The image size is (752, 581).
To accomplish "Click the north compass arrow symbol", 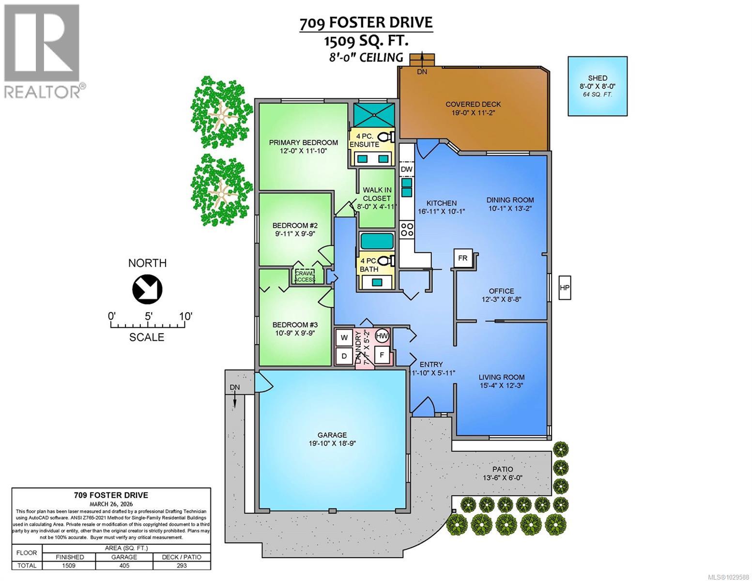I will pos(147,290).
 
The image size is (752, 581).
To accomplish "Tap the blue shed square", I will pos(597,86).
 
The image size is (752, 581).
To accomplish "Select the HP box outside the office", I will pos(565,288).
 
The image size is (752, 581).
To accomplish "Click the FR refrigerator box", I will pos(463,258).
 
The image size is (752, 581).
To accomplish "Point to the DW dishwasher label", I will pos(407,169).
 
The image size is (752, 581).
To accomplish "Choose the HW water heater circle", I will pos(382,336).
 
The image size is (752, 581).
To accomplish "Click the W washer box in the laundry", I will pos(345,337).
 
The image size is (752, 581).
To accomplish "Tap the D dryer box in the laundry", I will pos(345,356).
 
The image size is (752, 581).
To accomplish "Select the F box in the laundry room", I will pos(382,355).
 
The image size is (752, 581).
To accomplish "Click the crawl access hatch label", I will pos(306,276).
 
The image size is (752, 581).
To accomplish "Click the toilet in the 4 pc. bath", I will pos(385,262).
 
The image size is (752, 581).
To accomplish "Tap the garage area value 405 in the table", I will pos(124,566).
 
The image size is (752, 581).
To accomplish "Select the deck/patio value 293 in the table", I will pos(182,566).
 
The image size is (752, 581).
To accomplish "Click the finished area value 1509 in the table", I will pos(69,566).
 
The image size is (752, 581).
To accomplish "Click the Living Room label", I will pos(501,377).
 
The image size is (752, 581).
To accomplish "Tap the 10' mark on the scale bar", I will pos(185,317).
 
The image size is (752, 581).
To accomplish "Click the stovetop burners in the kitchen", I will pos(407,229).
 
